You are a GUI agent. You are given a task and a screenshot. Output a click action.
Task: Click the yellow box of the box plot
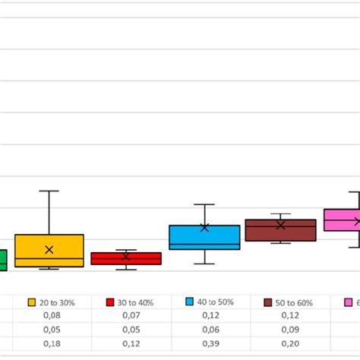(x=49, y=251)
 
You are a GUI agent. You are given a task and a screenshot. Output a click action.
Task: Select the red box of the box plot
(x=126, y=258)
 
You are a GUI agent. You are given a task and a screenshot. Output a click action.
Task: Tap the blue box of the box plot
(x=204, y=237)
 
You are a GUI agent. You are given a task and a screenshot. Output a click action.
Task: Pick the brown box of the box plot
(x=280, y=230)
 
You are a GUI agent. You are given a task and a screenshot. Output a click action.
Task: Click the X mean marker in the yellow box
(x=49, y=250)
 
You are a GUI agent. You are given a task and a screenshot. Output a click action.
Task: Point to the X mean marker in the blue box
(x=204, y=227)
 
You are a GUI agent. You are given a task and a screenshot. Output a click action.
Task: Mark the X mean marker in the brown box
(x=280, y=225)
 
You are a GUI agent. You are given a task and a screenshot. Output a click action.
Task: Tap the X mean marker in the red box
(x=126, y=257)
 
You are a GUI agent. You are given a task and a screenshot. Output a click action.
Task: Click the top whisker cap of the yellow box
(x=49, y=191)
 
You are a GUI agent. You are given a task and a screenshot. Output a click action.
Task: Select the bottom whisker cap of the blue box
(x=204, y=264)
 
